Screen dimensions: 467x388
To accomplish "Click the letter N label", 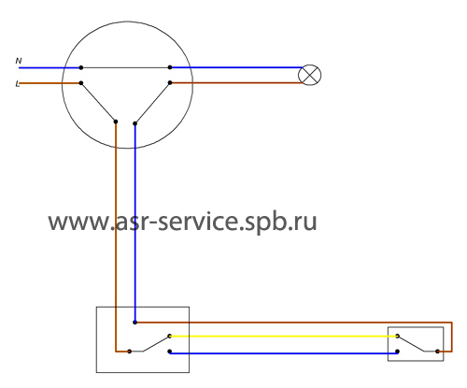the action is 19,61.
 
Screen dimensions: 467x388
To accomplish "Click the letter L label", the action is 18,84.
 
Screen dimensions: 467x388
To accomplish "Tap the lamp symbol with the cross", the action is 309,75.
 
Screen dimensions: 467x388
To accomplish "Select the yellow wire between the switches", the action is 283,337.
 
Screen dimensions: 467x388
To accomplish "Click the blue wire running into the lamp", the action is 236,67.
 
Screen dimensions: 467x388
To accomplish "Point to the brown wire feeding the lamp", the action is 236,83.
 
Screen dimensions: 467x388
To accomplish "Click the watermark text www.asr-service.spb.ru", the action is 182,222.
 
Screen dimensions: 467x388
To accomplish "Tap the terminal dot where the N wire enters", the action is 81,67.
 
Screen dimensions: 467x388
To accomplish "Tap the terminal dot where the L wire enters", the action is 81,83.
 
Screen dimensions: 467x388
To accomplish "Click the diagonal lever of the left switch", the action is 156,344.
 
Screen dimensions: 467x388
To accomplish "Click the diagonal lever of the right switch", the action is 411,344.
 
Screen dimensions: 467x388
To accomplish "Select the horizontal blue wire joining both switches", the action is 283,353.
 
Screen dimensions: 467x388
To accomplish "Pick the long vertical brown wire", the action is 116,237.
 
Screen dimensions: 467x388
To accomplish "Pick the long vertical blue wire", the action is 134,223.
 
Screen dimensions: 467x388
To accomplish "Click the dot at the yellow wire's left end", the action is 170,336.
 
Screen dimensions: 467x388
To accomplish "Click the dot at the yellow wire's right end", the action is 397,336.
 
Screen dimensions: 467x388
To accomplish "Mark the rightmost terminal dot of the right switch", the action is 437,352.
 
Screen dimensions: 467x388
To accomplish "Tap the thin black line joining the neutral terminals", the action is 125,67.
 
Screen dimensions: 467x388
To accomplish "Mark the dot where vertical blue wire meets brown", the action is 134,323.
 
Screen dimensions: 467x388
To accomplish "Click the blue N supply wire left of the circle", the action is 50,67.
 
